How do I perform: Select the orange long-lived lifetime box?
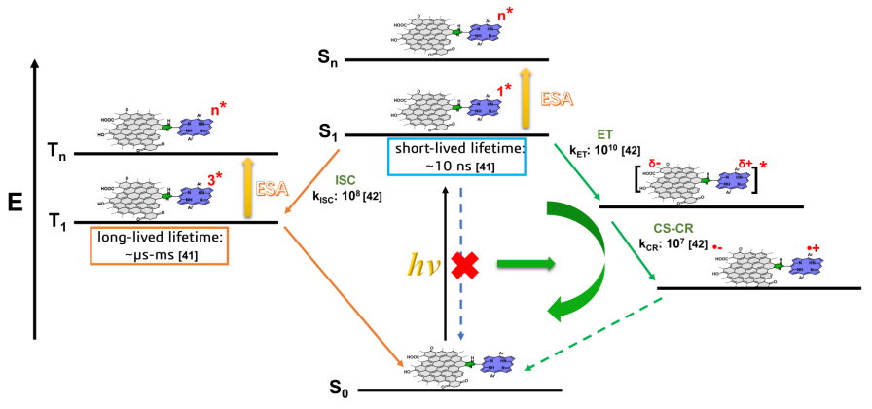pos(160,245)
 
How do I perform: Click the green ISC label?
pos(346,180)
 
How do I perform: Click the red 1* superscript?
pos(504,90)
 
